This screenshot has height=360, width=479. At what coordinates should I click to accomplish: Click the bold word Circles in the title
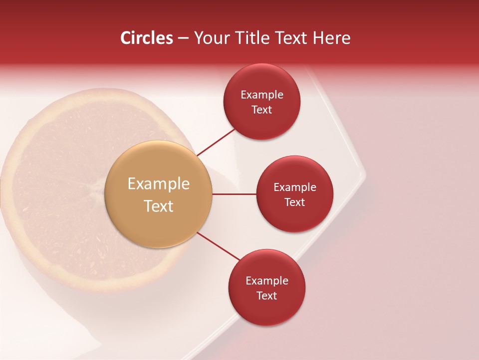(146, 38)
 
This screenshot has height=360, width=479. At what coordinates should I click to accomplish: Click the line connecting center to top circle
(217, 142)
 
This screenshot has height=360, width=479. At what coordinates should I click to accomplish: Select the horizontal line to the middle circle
(234, 194)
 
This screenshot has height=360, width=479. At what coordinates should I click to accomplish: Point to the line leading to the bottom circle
(218, 247)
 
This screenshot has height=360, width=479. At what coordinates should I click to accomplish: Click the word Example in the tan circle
(159, 184)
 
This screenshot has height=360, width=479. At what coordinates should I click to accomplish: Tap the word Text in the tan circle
(159, 206)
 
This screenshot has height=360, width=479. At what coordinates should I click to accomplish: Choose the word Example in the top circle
(262, 95)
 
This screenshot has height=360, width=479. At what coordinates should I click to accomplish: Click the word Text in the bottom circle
(266, 295)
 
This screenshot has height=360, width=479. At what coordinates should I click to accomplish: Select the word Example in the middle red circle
(295, 187)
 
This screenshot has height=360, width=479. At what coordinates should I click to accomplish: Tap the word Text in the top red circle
(261, 110)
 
